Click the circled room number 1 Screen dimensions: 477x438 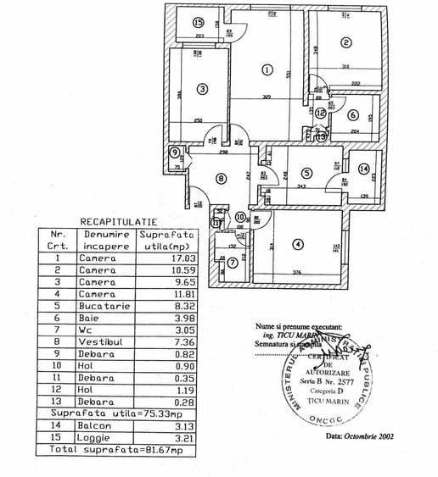click(x=267, y=70)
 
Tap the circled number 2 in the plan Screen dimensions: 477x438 click(x=345, y=43)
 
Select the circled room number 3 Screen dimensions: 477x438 click(x=202, y=88)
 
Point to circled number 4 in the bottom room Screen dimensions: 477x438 click(x=296, y=245)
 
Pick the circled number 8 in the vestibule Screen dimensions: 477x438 click(x=221, y=179)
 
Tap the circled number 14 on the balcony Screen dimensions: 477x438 click(x=364, y=170)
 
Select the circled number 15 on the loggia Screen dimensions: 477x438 click(x=199, y=24)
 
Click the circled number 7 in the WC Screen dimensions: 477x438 click(x=233, y=262)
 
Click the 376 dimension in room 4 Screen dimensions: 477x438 click(x=297, y=273)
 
